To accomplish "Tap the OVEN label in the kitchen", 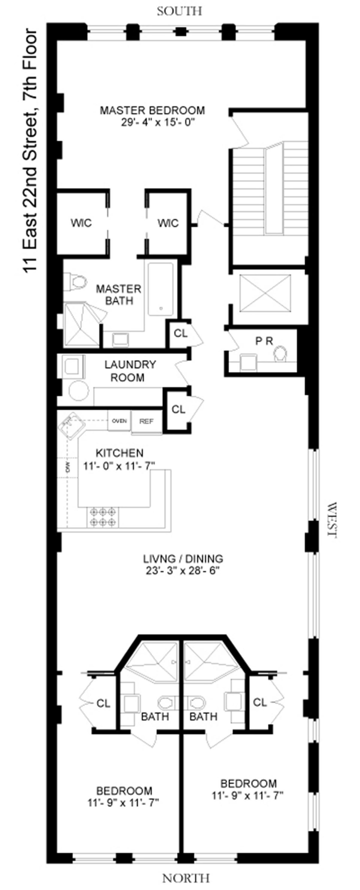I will [119, 421].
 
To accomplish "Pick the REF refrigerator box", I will [146, 421].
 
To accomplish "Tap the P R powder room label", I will [264, 341].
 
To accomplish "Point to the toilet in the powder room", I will [280, 354].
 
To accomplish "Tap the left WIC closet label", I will [81, 223].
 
